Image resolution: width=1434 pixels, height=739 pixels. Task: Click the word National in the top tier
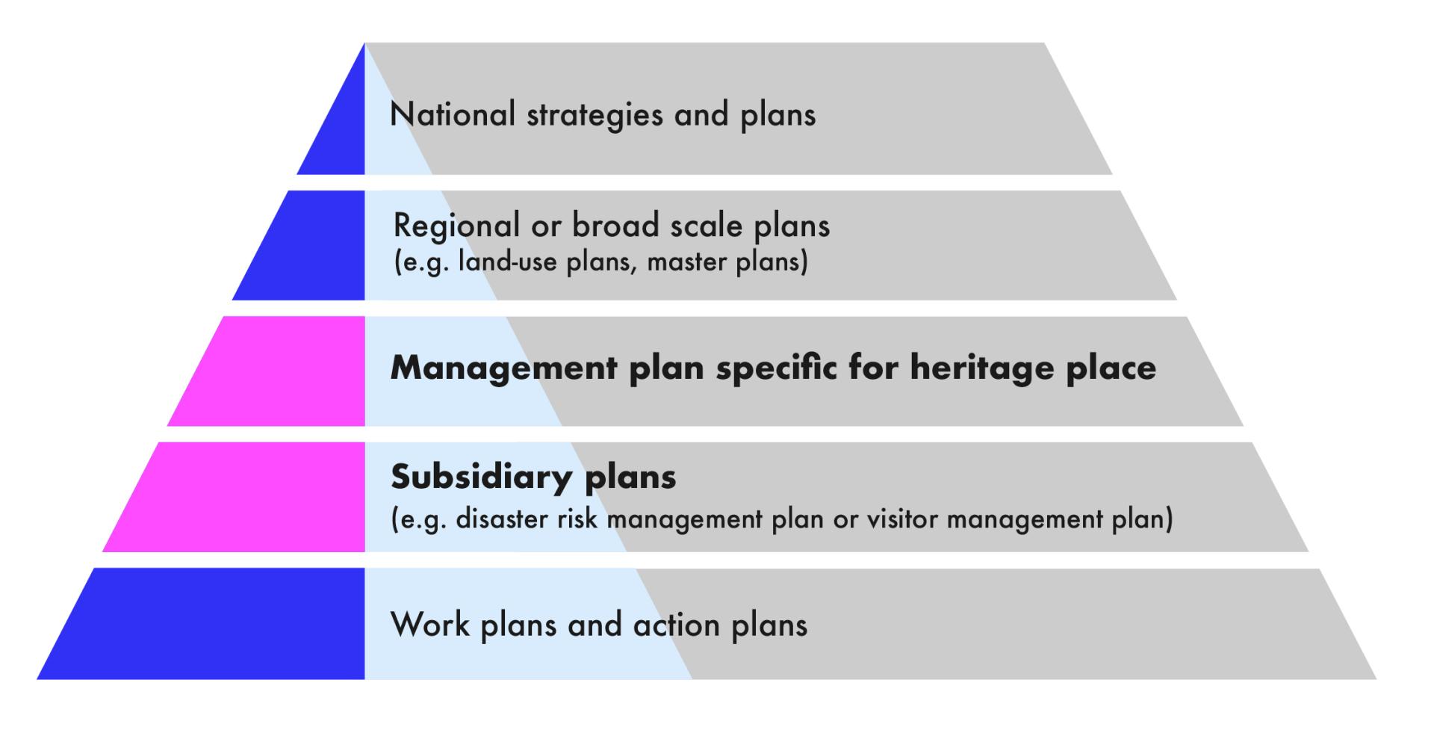click(x=453, y=114)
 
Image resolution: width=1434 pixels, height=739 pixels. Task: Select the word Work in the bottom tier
click(x=430, y=624)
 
